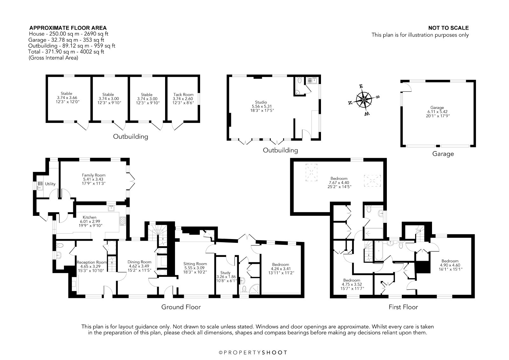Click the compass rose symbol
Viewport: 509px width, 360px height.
364,100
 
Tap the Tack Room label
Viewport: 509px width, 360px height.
183,95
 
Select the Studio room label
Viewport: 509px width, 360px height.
261,102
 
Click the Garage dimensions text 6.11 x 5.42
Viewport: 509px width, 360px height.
437,112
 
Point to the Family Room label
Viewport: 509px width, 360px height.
94,175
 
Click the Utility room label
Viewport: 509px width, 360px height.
50,184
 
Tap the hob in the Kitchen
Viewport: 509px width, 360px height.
122,221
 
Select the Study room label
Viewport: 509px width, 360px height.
225,273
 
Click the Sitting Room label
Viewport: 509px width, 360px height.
195,264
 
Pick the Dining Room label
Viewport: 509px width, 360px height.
139,262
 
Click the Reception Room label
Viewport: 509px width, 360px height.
92,262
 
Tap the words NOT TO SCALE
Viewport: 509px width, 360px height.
448,28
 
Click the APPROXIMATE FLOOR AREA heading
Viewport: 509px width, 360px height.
68,28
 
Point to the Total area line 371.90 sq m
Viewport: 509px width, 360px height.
66,52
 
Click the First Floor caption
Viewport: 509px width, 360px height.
403,307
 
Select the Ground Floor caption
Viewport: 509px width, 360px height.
181,307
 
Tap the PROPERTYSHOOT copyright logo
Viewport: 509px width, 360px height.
253,352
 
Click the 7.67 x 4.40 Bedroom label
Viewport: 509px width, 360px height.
339,183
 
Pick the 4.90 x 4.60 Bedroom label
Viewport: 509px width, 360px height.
450,265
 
